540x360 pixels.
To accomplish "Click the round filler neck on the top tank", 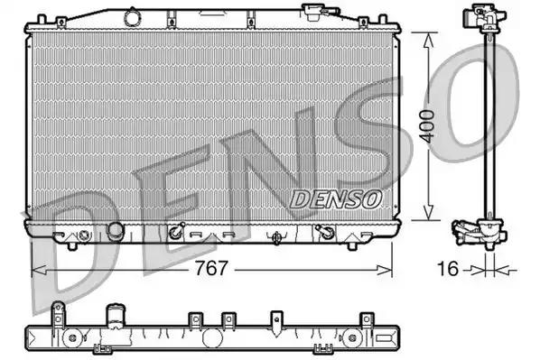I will pos(132,16).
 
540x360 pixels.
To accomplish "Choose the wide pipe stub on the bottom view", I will pos(115,318).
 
